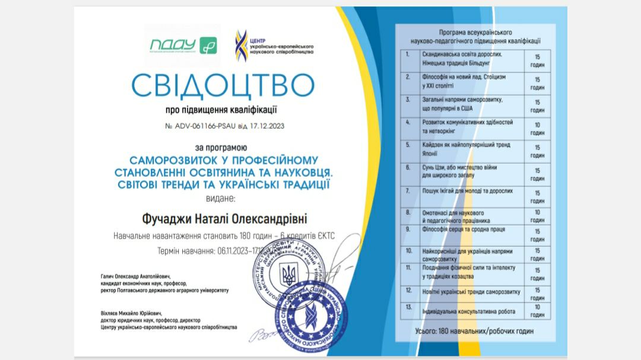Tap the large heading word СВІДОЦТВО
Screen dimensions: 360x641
(222, 85)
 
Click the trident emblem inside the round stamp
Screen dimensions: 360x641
(288, 275)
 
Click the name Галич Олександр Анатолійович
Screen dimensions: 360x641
(136, 276)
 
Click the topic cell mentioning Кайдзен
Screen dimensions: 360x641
(463, 148)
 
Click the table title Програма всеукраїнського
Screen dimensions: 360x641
(475, 32)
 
